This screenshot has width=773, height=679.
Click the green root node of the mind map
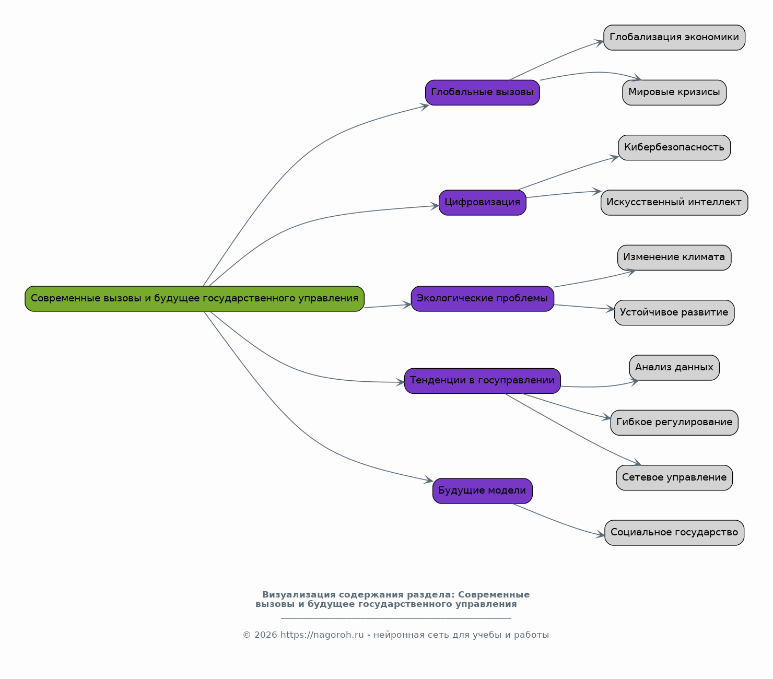pyautogui.click(x=194, y=298)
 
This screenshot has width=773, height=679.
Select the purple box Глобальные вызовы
pyautogui.click(x=482, y=92)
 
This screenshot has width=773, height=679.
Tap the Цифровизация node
pyautogui.click(x=482, y=202)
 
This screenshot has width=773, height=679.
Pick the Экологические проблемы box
pyautogui.click(x=482, y=298)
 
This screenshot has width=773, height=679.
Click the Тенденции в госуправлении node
pyautogui.click(x=482, y=381)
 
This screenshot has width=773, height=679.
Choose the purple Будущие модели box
pyautogui.click(x=482, y=490)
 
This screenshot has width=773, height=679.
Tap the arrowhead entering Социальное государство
pyautogui.click(x=600, y=534)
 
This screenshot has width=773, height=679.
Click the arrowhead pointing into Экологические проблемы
pyautogui.click(x=407, y=305)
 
